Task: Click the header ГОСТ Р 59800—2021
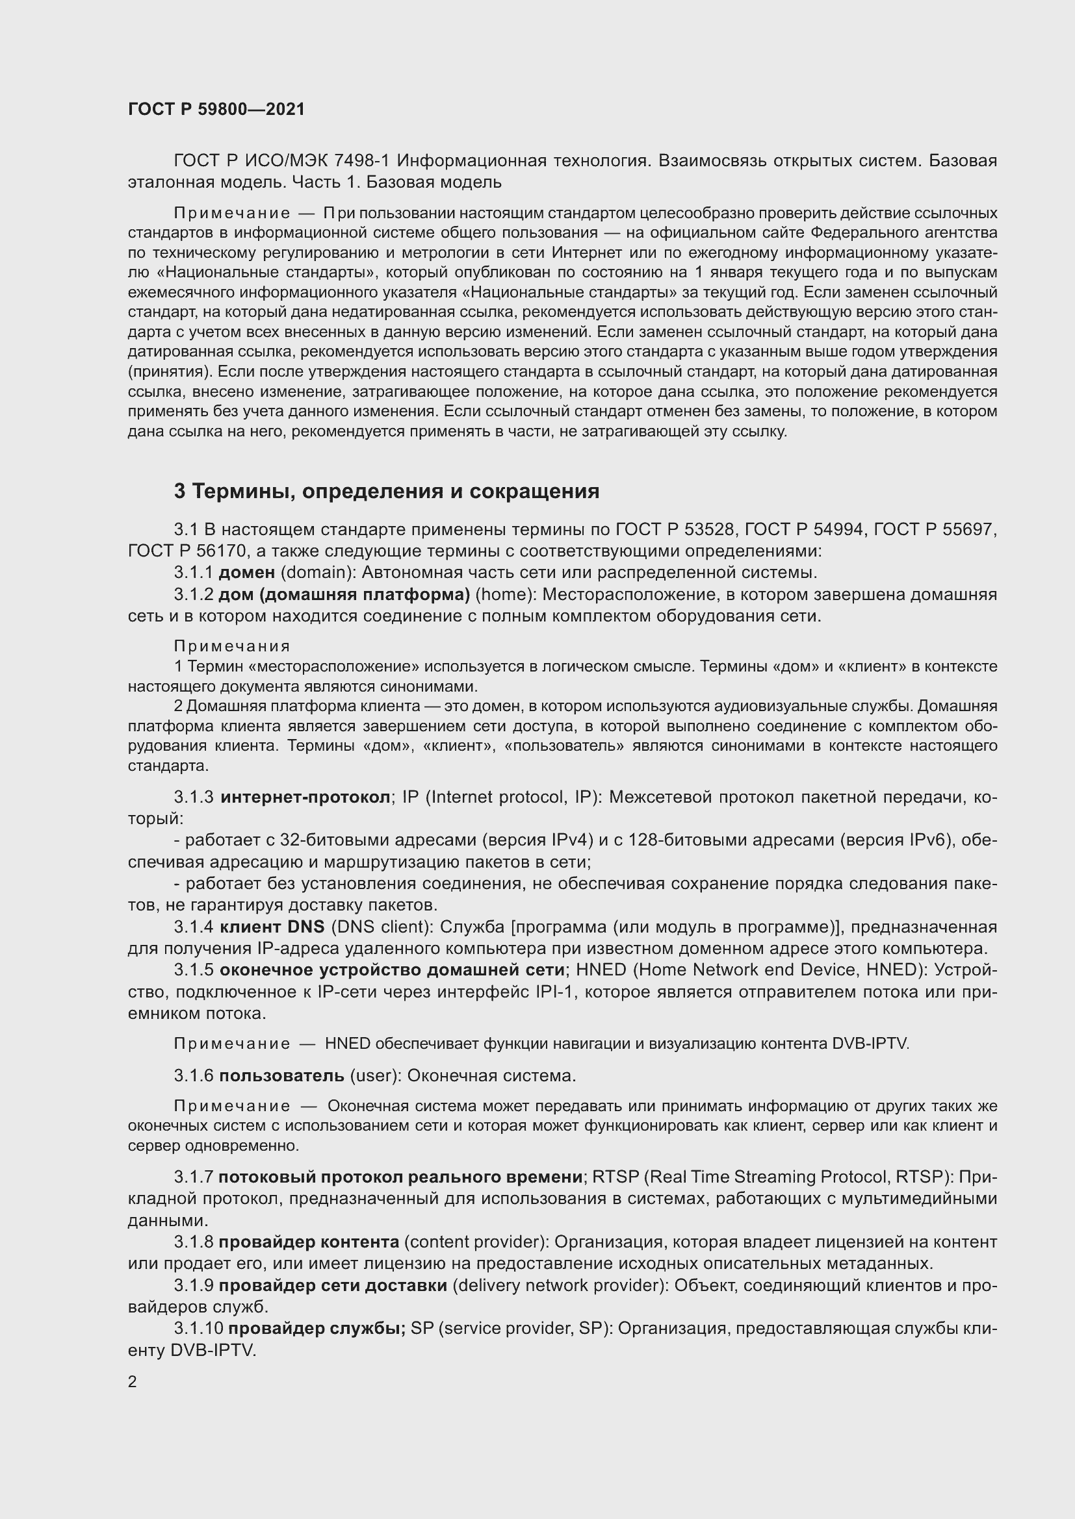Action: click(x=216, y=109)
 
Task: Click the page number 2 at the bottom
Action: click(x=133, y=1382)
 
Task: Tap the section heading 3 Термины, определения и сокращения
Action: click(x=387, y=491)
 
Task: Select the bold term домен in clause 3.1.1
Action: click(x=246, y=573)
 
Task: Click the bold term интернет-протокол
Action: click(x=305, y=797)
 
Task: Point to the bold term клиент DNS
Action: click(x=272, y=927)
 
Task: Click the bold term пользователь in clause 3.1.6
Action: click(x=281, y=1075)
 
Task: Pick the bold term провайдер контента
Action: click(x=309, y=1242)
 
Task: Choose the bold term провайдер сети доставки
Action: click(x=332, y=1285)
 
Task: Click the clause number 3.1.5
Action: click(x=193, y=970)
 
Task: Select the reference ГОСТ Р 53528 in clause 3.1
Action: click(x=675, y=529)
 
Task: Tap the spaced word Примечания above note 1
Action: click(x=232, y=646)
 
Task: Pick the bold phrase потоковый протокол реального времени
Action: click(x=400, y=1177)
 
